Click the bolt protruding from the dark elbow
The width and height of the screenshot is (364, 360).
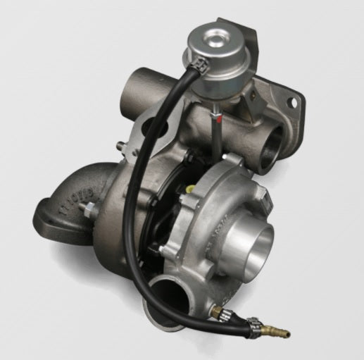click(x=89, y=209)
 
